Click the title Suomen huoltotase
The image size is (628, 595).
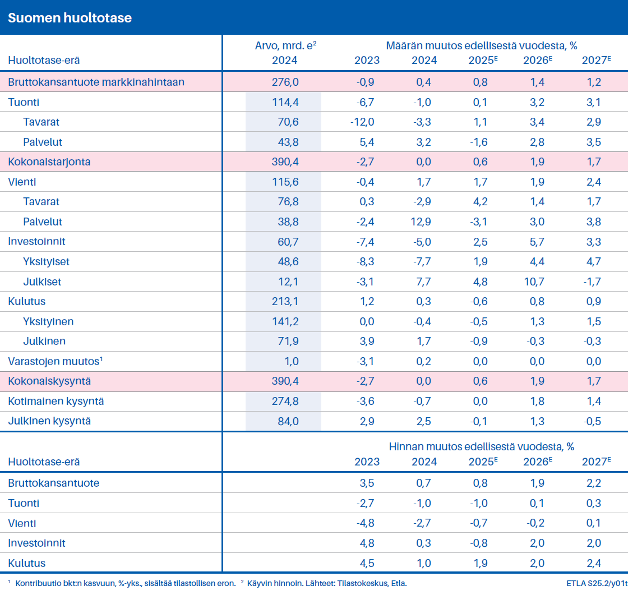pos(70,17)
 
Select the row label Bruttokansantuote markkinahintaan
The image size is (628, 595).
pos(96,82)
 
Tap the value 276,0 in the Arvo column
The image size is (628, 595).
pos(285,82)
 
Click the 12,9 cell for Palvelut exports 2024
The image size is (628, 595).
pos(421,222)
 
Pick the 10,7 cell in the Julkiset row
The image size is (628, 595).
pos(533,282)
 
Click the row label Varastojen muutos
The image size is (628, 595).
pos(54,362)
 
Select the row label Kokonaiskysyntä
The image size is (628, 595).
pos(49,381)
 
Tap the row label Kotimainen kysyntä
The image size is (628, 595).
pos(56,402)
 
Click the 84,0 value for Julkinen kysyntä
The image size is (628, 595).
pos(287,421)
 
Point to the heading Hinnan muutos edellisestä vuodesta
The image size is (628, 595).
pos(482,447)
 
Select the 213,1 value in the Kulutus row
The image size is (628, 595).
pos(285,302)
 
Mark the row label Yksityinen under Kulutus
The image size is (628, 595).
pos(48,322)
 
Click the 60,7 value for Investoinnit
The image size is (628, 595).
pos(286,242)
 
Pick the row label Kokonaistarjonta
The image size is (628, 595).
pos(49,162)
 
